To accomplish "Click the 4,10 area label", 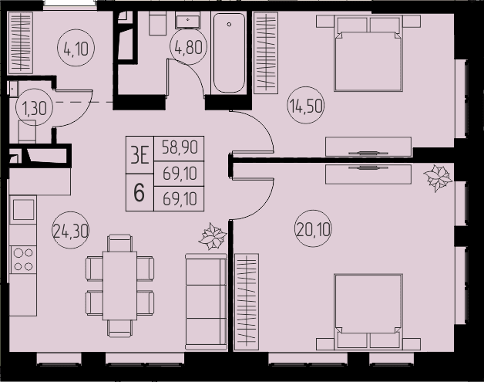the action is [x=76, y=48].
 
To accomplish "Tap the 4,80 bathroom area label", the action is [x=188, y=46].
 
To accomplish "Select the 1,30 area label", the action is [x=34, y=107].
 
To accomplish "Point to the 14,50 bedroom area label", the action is [x=306, y=106].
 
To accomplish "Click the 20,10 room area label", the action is [x=314, y=229].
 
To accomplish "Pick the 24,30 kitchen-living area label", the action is [x=71, y=231].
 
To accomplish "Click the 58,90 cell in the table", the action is [x=180, y=147].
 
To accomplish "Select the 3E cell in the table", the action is [x=139, y=154].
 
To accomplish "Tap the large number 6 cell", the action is [x=139, y=192].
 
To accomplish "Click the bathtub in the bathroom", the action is [x=229, y=52].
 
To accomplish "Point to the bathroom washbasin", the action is [x=188, y=20].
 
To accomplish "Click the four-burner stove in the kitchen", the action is [x=23, y=259].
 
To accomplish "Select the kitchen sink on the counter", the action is [x=23, y=209].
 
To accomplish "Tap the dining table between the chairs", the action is [x=119, y=286].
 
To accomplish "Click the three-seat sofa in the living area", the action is [x=207, y=302].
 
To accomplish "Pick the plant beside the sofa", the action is [x=213, y=236].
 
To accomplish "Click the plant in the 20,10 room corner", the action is [x=438, y=178].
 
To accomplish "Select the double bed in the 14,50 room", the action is [x=368, y=54].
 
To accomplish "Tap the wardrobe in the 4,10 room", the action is [x=21, y=42].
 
